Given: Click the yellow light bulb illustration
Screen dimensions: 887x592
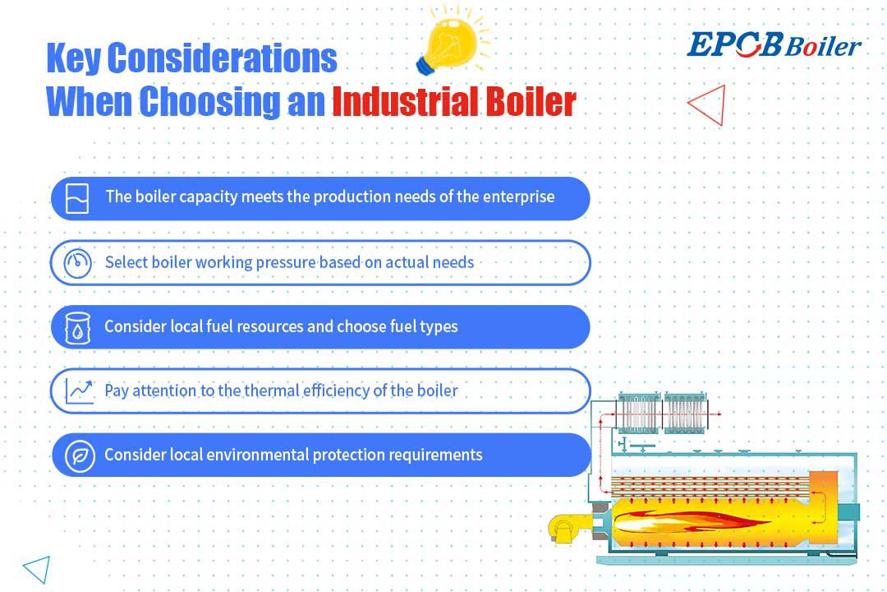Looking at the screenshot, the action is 449,45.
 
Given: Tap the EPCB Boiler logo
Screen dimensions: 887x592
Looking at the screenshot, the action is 774,45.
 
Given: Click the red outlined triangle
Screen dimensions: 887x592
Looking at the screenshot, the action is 707,104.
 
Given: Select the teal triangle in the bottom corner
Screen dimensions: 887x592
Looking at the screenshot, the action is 37,568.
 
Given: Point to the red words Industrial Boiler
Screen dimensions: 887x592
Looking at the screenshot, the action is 453,101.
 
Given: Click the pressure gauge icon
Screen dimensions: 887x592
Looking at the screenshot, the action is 77,263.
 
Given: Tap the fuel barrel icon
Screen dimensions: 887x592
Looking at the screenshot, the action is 77,327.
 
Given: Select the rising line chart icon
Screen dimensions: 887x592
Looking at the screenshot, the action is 79,391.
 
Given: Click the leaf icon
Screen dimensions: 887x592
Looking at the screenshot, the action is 80,456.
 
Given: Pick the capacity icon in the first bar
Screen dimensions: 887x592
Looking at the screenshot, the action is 77,198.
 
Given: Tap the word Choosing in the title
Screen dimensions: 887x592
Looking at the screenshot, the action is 209,101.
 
